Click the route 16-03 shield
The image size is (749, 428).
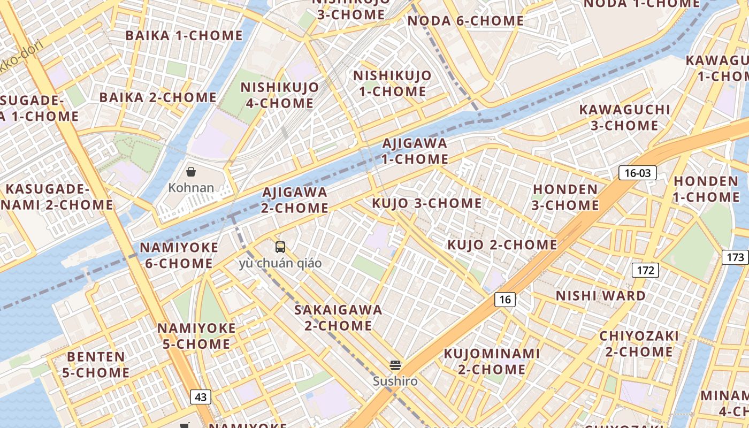click(637, 173)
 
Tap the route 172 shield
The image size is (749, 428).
click(645, 270)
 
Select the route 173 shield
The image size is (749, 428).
click(735, 257)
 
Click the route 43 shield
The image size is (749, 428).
click(201, 397)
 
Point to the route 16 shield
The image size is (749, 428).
click(505, 300)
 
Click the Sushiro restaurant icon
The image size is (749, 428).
click(395, 366)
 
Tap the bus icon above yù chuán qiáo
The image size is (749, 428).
click(280, 247)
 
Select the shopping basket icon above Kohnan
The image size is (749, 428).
click(191, 172)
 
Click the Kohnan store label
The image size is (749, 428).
click(191, 188)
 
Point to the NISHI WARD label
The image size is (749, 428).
click(600, 296)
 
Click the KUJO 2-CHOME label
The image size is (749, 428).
click(502, 245)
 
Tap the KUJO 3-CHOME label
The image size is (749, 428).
click(426, 203)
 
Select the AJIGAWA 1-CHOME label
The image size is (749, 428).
click(415, 151)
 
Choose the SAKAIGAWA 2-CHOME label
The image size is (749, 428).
click(338, 317)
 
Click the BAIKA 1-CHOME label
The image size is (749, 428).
click(184, 36)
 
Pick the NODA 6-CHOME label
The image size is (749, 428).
click(465, 21)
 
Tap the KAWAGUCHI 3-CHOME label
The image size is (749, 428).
click(624, 118)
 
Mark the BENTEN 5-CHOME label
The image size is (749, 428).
click(96, 364)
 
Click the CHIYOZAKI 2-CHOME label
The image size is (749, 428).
click(639, 344)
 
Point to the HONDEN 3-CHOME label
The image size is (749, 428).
click(565, 197)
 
